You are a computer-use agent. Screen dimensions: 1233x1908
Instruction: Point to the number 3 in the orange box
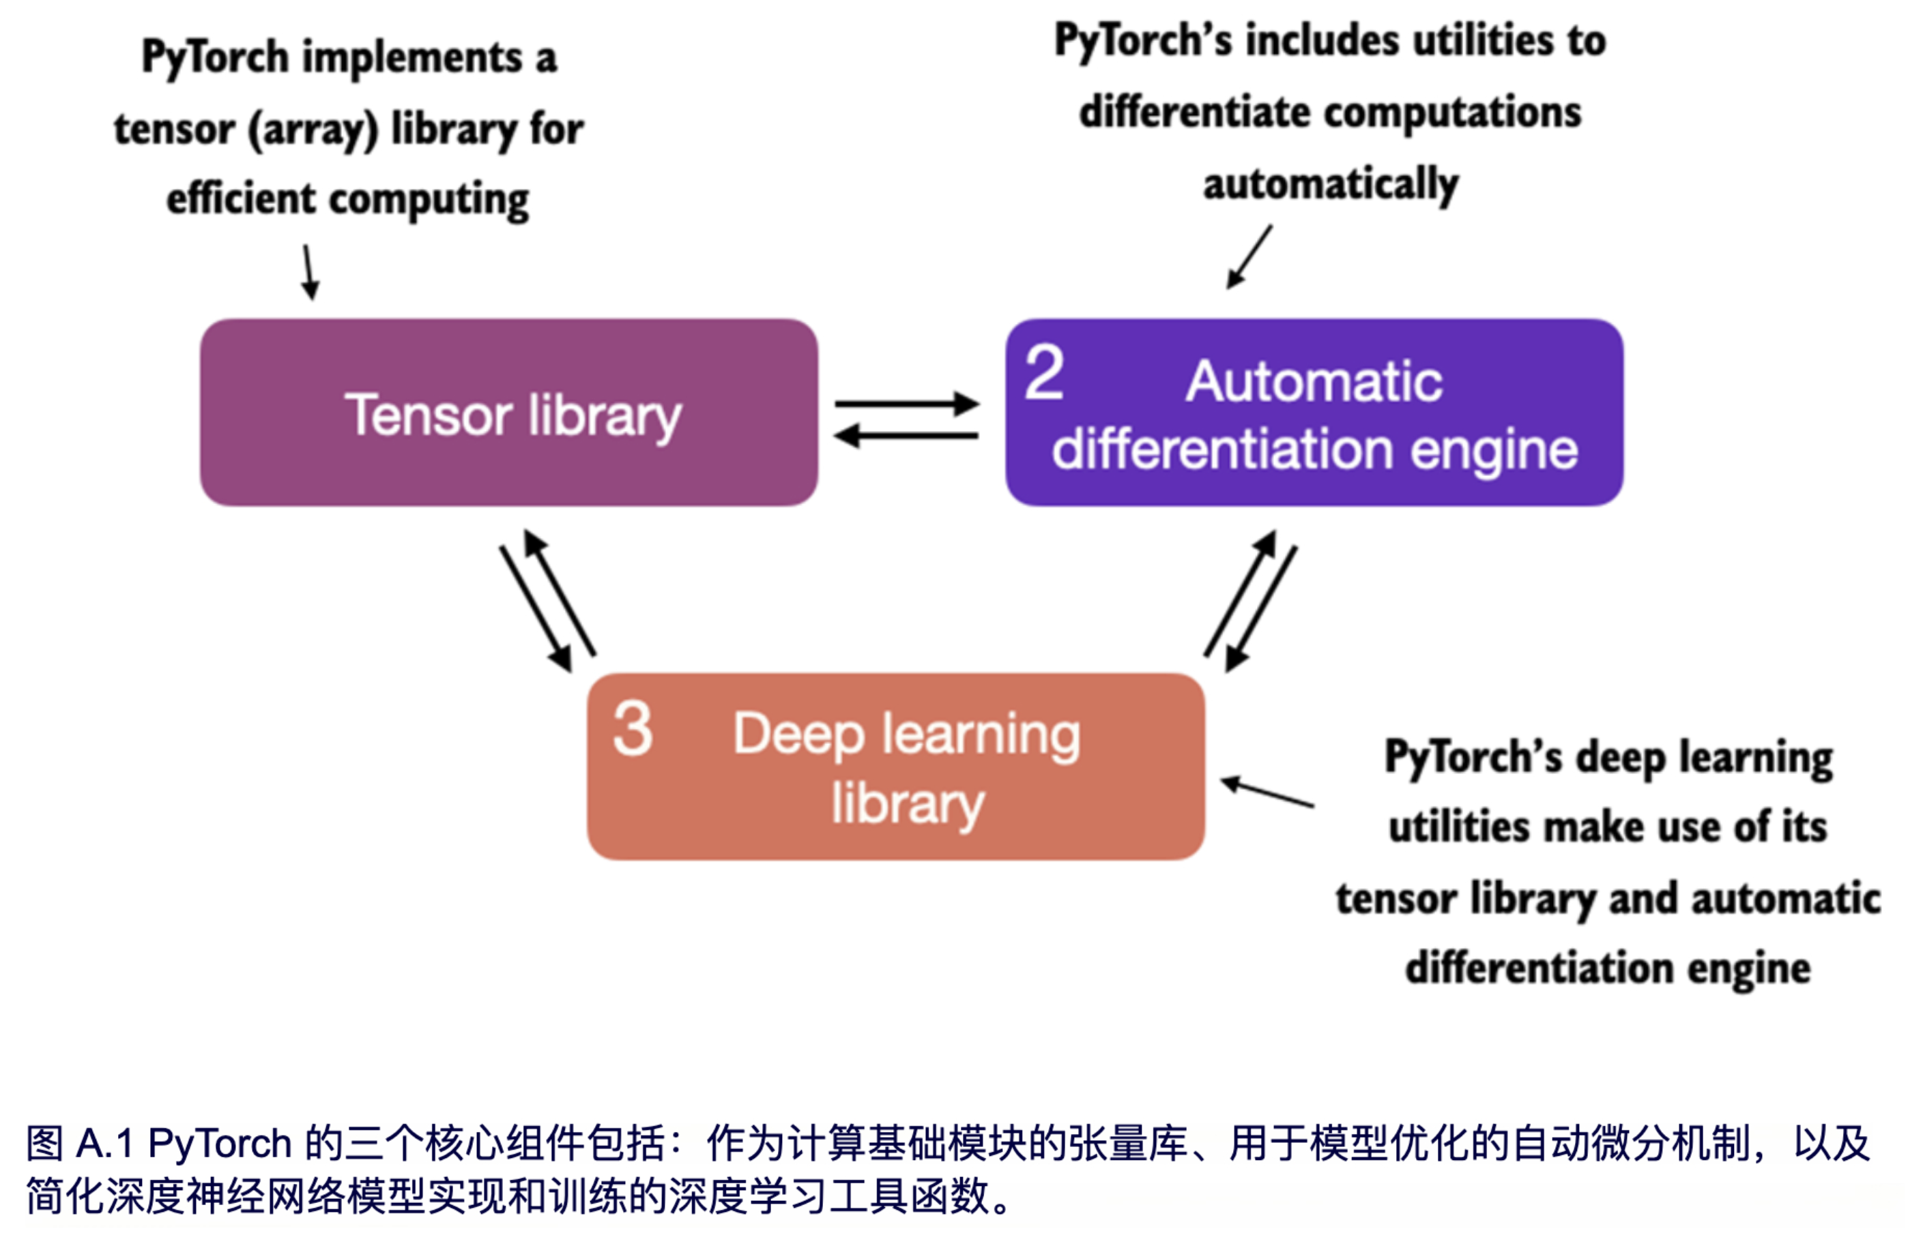[x=632, y=728]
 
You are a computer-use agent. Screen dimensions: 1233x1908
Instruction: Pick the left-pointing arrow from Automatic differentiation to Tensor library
[x=905, y=436]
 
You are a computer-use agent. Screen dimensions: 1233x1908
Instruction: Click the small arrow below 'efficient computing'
[x=310, y=272]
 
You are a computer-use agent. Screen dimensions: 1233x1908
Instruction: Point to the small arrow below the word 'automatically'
[x=1249, y=256]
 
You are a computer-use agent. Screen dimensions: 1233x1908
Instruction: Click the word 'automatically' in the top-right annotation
[x=1331, y=184]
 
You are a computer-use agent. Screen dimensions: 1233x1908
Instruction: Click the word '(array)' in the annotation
[x=313, y=130]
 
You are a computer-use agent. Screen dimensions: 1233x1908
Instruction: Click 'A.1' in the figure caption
[x=104, y=1144]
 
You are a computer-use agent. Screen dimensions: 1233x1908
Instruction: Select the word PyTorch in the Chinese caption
[x=220, y=1144]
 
